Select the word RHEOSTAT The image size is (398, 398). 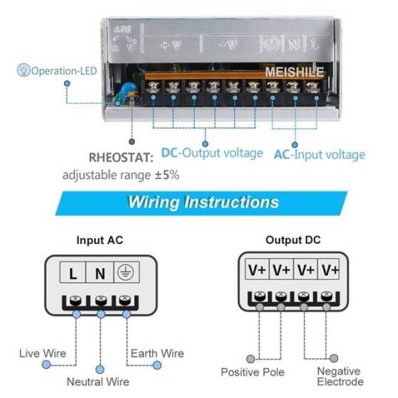pyautogui.click(x=119, y=156)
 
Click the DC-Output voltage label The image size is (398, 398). pyautogui.click(x=211, y=153)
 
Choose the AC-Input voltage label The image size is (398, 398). pyautogui.click(x=319, y=154)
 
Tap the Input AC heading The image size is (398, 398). pyautogui.click(x=99, y=240)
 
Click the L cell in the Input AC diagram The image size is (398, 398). pyautogui.click(x=73, y=272)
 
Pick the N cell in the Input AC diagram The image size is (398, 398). pyautogui.click(x=99, y=272)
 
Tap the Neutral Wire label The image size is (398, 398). pyautogui.click(x=99, y=382)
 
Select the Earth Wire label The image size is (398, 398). pyautogui.click(x=157, y=353)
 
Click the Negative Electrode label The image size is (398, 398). pyautogui.click(x=339, y=377)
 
